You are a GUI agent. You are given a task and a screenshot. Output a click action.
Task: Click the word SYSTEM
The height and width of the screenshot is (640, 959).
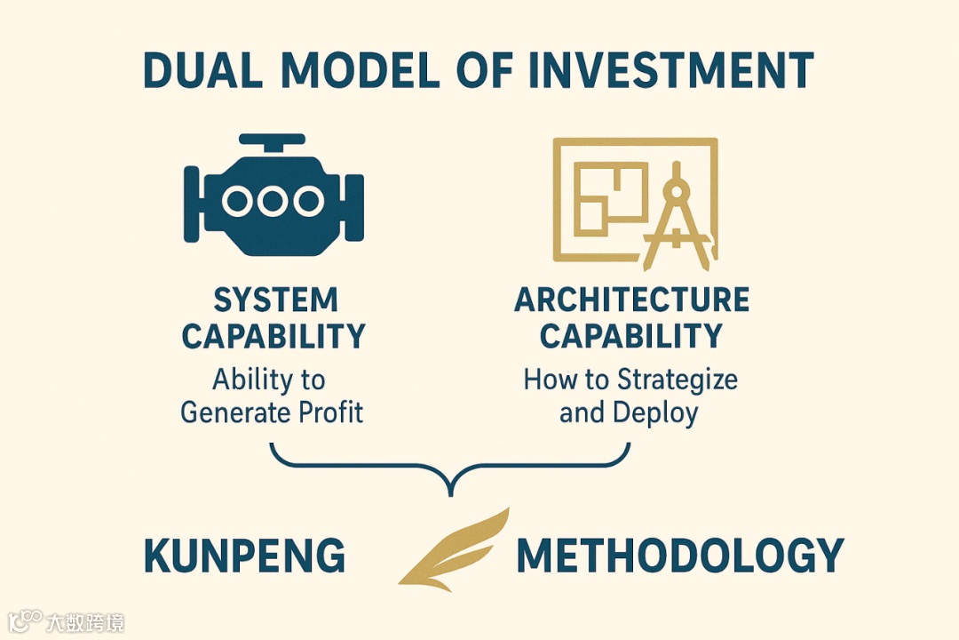tap(275, 300)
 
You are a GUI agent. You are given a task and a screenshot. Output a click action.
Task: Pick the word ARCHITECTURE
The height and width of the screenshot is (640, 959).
tap(631, 300)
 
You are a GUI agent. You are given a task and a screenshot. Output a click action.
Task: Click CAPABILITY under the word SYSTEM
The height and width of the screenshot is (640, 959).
tap(273, 337)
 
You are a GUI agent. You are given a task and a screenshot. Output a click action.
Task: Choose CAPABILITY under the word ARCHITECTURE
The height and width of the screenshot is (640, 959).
tap(630, 337)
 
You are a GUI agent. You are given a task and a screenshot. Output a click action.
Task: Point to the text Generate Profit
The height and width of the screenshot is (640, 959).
tap(272, 412)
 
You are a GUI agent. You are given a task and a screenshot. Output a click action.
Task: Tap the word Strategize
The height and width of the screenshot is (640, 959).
tap(678, 380)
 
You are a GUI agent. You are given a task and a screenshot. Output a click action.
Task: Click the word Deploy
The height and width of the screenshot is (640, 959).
tap(654, 412)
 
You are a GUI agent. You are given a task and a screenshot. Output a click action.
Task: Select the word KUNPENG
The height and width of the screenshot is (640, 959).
tap(244, 556)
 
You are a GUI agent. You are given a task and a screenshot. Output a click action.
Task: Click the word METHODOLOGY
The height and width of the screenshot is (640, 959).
tap(679, 556)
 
